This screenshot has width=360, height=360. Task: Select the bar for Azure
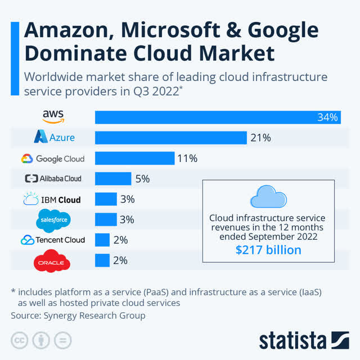171,138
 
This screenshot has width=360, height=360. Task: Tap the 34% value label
327,118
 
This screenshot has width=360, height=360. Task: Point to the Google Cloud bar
135,158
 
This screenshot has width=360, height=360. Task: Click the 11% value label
187,159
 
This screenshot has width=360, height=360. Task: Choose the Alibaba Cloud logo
53,178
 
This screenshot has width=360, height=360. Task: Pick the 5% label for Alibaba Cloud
141,179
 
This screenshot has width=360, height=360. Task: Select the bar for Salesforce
106,219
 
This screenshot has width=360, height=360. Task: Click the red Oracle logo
52,261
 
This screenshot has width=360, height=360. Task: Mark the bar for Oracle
102,260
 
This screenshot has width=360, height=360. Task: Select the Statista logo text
292,340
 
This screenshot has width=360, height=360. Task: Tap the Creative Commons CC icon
20,340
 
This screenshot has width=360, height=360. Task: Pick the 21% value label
260,138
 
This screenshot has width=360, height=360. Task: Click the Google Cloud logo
53,159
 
